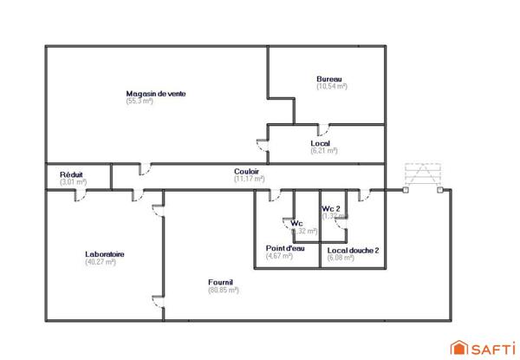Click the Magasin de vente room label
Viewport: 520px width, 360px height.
coord(156,94)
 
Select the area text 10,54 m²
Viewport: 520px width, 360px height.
coord(332,87)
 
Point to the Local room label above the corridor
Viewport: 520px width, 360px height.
coord(321,143)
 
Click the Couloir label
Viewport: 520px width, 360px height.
coord(247,172)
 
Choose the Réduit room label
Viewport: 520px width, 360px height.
coord(71,174)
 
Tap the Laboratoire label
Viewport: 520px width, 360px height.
coord(104,254)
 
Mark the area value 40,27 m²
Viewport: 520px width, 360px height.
coord(101,262)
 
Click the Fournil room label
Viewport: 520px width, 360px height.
coord(221,282)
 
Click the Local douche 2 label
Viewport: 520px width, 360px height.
coord(352,249)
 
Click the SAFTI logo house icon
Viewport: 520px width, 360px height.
coord(458,347)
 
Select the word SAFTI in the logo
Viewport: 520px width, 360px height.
coord(491,348)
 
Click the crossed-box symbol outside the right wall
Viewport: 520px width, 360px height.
coord(424,174)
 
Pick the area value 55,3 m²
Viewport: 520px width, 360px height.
coord(139,101)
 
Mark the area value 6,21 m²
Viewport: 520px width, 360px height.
coord(323,151)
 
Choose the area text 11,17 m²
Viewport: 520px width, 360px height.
coord(249,180)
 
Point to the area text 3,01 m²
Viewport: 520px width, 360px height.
coord(73,182)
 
